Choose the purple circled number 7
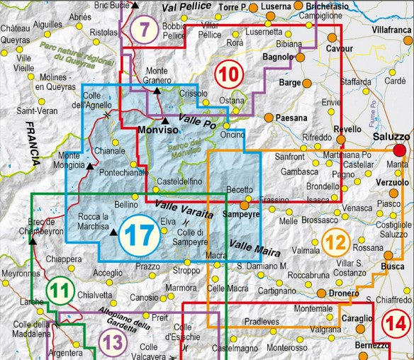(x=145, y=30)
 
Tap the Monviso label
(x=157, y=132)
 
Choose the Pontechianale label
(x=124, y=172)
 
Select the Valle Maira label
(x=250, y=247)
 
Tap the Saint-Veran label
(x=33, y=111)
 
